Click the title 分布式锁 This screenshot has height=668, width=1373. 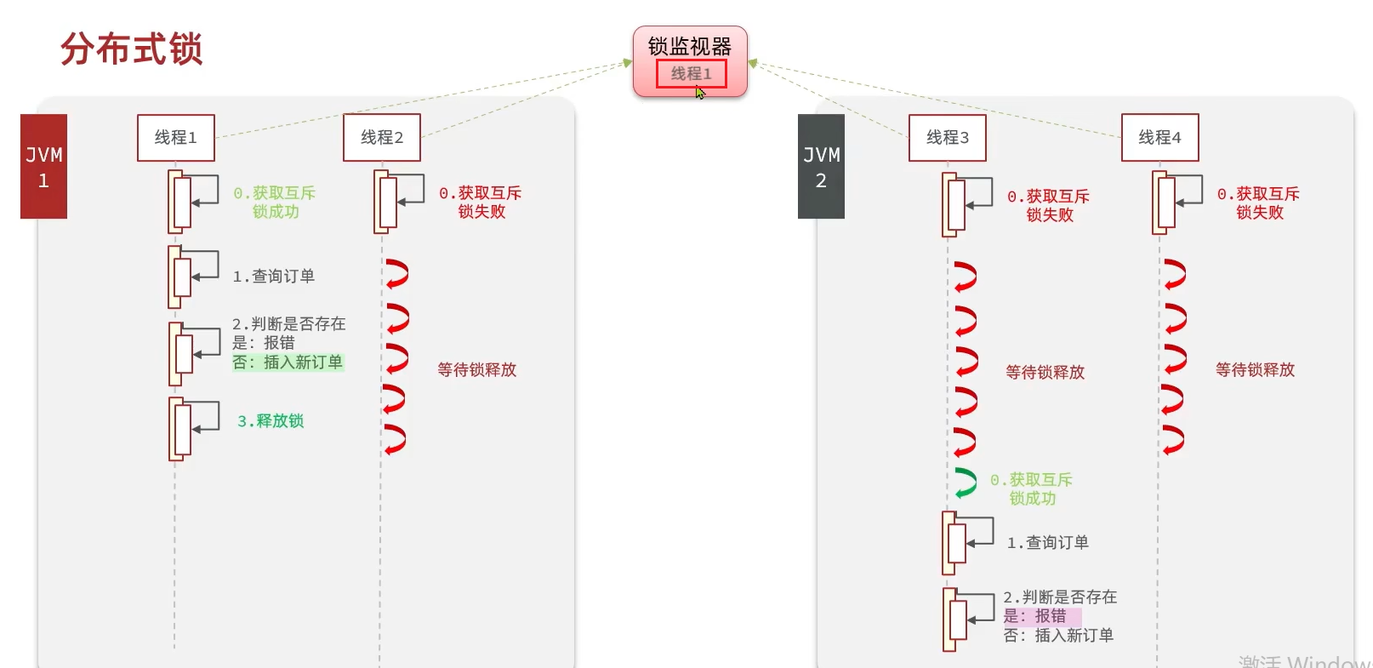coord(131,49)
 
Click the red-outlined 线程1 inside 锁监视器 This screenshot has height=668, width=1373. coord(691,74)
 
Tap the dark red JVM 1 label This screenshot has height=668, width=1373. coord(43,167)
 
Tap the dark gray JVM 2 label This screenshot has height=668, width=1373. coord(821,167)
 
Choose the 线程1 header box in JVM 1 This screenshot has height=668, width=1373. coord(176,138)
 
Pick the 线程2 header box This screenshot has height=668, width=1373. coord(382,138)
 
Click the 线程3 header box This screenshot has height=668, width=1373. coord(948,138)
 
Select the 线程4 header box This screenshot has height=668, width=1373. coord(1159,138)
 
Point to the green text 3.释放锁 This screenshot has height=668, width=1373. coord(271,421)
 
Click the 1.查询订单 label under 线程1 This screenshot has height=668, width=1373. coord(273,277)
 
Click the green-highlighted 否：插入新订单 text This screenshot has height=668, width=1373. coord(288,363)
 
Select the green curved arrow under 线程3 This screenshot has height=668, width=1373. coord(965,482)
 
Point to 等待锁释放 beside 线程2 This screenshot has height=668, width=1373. coord(477,370)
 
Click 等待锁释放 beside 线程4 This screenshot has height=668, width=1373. coord(1255,370)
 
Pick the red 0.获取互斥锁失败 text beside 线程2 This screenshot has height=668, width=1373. coord(481,203)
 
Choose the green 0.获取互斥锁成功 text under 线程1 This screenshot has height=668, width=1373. coord(275,203)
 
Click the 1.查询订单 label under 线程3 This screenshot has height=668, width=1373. coord(1047,543)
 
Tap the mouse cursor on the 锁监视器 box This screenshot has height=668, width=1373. coord(700,92)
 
